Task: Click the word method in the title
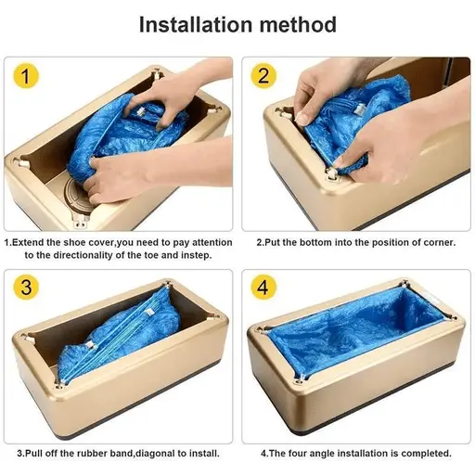[x=296, y=23]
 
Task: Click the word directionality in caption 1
[x=108, y=255]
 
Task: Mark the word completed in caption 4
[x=424, y=454]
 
